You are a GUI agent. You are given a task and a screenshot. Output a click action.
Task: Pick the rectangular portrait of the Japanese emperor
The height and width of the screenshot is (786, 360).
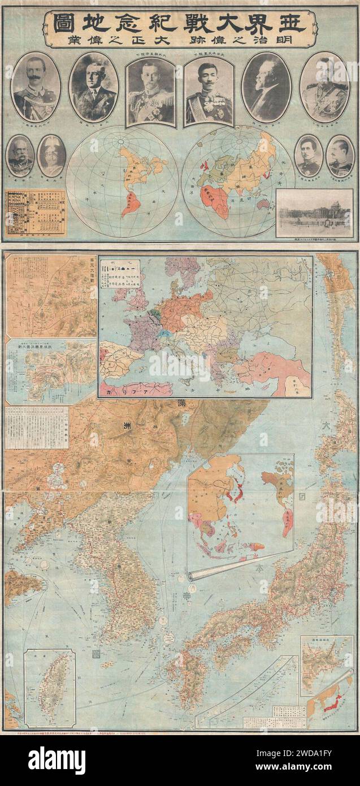(x=209, y=92)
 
